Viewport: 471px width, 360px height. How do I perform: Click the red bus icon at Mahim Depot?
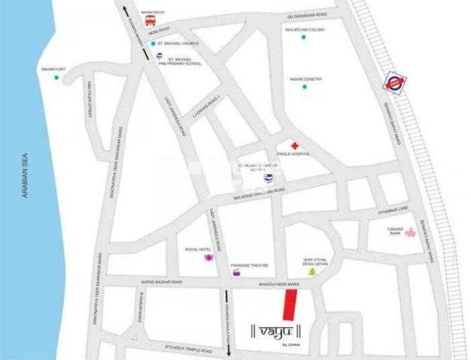tap(150, 20)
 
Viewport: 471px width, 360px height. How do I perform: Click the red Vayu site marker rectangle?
tap(289, 305)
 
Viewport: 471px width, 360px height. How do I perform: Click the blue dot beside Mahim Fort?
tap(56, 78)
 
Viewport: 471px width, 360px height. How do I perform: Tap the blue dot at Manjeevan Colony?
tap(304, 37)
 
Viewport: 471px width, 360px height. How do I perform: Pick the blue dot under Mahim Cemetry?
tap(304, 87)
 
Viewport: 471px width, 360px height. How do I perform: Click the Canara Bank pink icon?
tap(410, 233)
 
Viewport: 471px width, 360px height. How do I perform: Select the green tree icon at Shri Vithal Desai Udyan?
tap(312, 271)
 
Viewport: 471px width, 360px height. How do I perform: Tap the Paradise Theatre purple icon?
tap(236, 273)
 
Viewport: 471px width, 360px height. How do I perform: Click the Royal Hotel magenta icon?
tap(208, 257)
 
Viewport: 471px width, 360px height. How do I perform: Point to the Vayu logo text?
tap(276, 329)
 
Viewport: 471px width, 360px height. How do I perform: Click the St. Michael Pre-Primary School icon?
tap(160, 56)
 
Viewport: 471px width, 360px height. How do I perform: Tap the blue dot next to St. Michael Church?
tap(153, 44)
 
